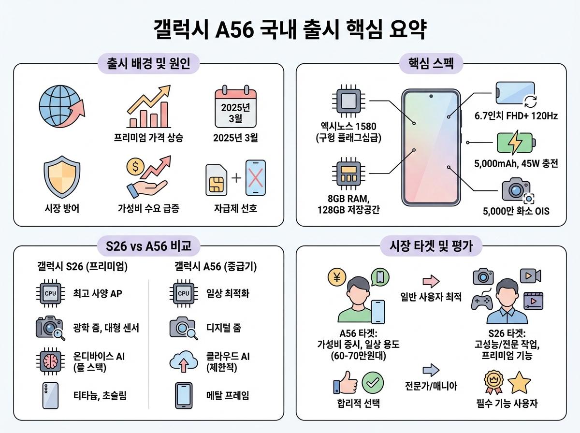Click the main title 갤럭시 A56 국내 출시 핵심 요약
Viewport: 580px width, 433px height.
pyautogui.click(x=290, y=30)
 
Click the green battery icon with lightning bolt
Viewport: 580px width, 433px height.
pyautogui.click(x=515, y=143)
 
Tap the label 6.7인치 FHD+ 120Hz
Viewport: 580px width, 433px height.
pyautogui.click(x=516, y=115)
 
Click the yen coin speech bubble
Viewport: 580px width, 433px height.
pyautogui.click(x=336, y=277)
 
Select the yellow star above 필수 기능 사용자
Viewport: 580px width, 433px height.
pyautogui.click(x=520, y=383)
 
